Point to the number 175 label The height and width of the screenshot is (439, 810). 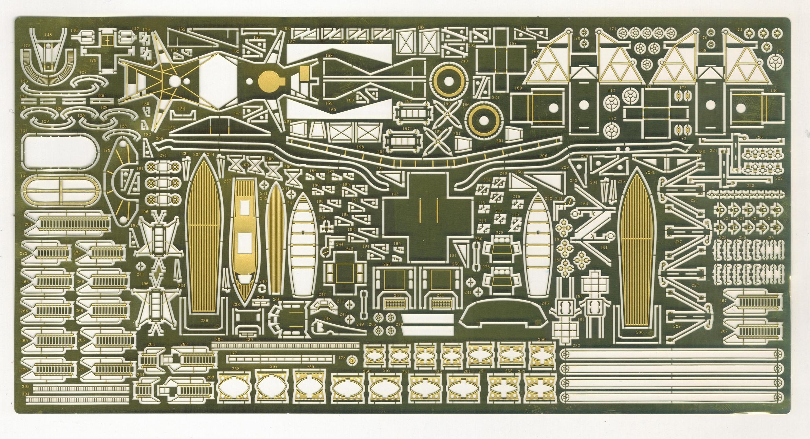(x=26, y=45)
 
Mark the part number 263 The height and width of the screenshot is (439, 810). (x=28, y=224)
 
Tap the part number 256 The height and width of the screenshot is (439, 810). (x=542, y=340)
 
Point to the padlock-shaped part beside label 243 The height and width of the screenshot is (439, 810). (x=327, y=224)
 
